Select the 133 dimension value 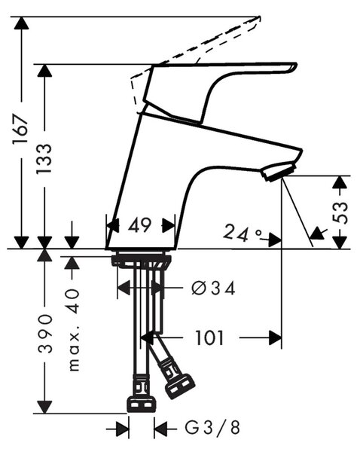[x=44, y=158]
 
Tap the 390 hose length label [x=45, y=334]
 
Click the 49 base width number [x=140, y=224]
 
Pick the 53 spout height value [x=340, y=212]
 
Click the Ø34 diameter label [x=213, y=288]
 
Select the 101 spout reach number [x=209, y=337]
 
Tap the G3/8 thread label [x=212, y=428]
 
